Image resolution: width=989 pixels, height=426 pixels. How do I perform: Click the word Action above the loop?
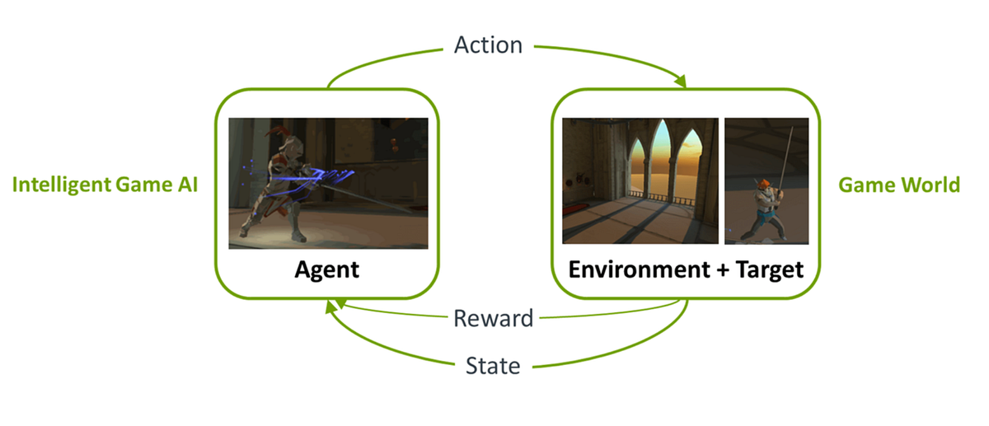488,44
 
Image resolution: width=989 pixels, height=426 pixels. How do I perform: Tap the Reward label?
494,317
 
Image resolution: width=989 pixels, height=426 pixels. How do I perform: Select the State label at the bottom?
493,365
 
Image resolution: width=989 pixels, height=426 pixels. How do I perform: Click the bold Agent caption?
327,269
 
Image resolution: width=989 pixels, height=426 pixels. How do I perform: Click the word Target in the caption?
764,269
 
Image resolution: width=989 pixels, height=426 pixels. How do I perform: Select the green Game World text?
899,185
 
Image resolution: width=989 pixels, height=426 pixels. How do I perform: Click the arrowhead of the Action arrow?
681,82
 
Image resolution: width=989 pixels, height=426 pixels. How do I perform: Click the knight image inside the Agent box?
328,183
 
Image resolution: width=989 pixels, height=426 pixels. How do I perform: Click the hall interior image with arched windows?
640,180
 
